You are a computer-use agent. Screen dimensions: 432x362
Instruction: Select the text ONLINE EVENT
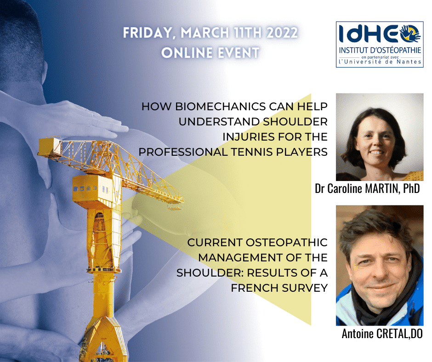point(210,53)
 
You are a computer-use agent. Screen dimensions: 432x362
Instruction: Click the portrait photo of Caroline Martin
point(380,137)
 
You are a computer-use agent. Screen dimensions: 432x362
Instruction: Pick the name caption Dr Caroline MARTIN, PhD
point(367,189)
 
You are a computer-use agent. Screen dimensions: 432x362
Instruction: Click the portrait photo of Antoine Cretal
point(380,266)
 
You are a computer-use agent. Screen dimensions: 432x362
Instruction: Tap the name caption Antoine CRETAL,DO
point(382,334)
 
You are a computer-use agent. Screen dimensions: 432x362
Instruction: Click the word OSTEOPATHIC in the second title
point(286,243)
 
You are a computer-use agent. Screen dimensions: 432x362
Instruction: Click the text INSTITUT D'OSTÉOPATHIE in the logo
point(380,51)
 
